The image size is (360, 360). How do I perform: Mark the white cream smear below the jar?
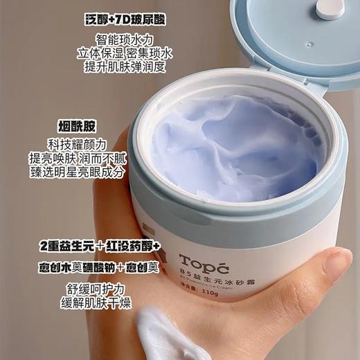point(173,343)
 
